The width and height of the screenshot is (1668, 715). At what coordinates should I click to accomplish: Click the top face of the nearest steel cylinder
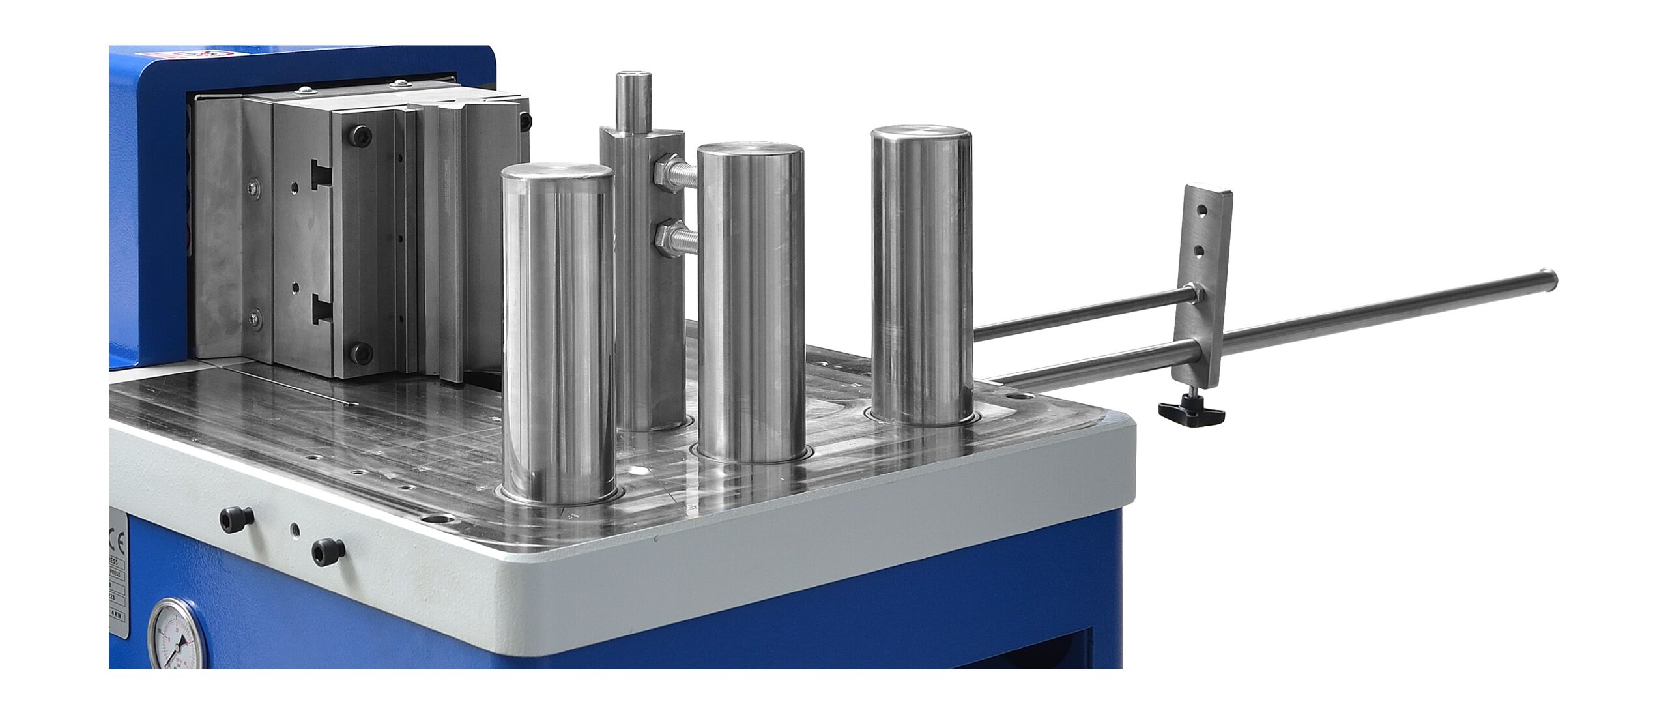coord(557,175)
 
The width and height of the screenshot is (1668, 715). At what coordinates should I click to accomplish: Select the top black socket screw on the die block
coord(362,135)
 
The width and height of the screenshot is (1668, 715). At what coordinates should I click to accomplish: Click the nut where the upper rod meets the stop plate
coord(1194,292)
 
